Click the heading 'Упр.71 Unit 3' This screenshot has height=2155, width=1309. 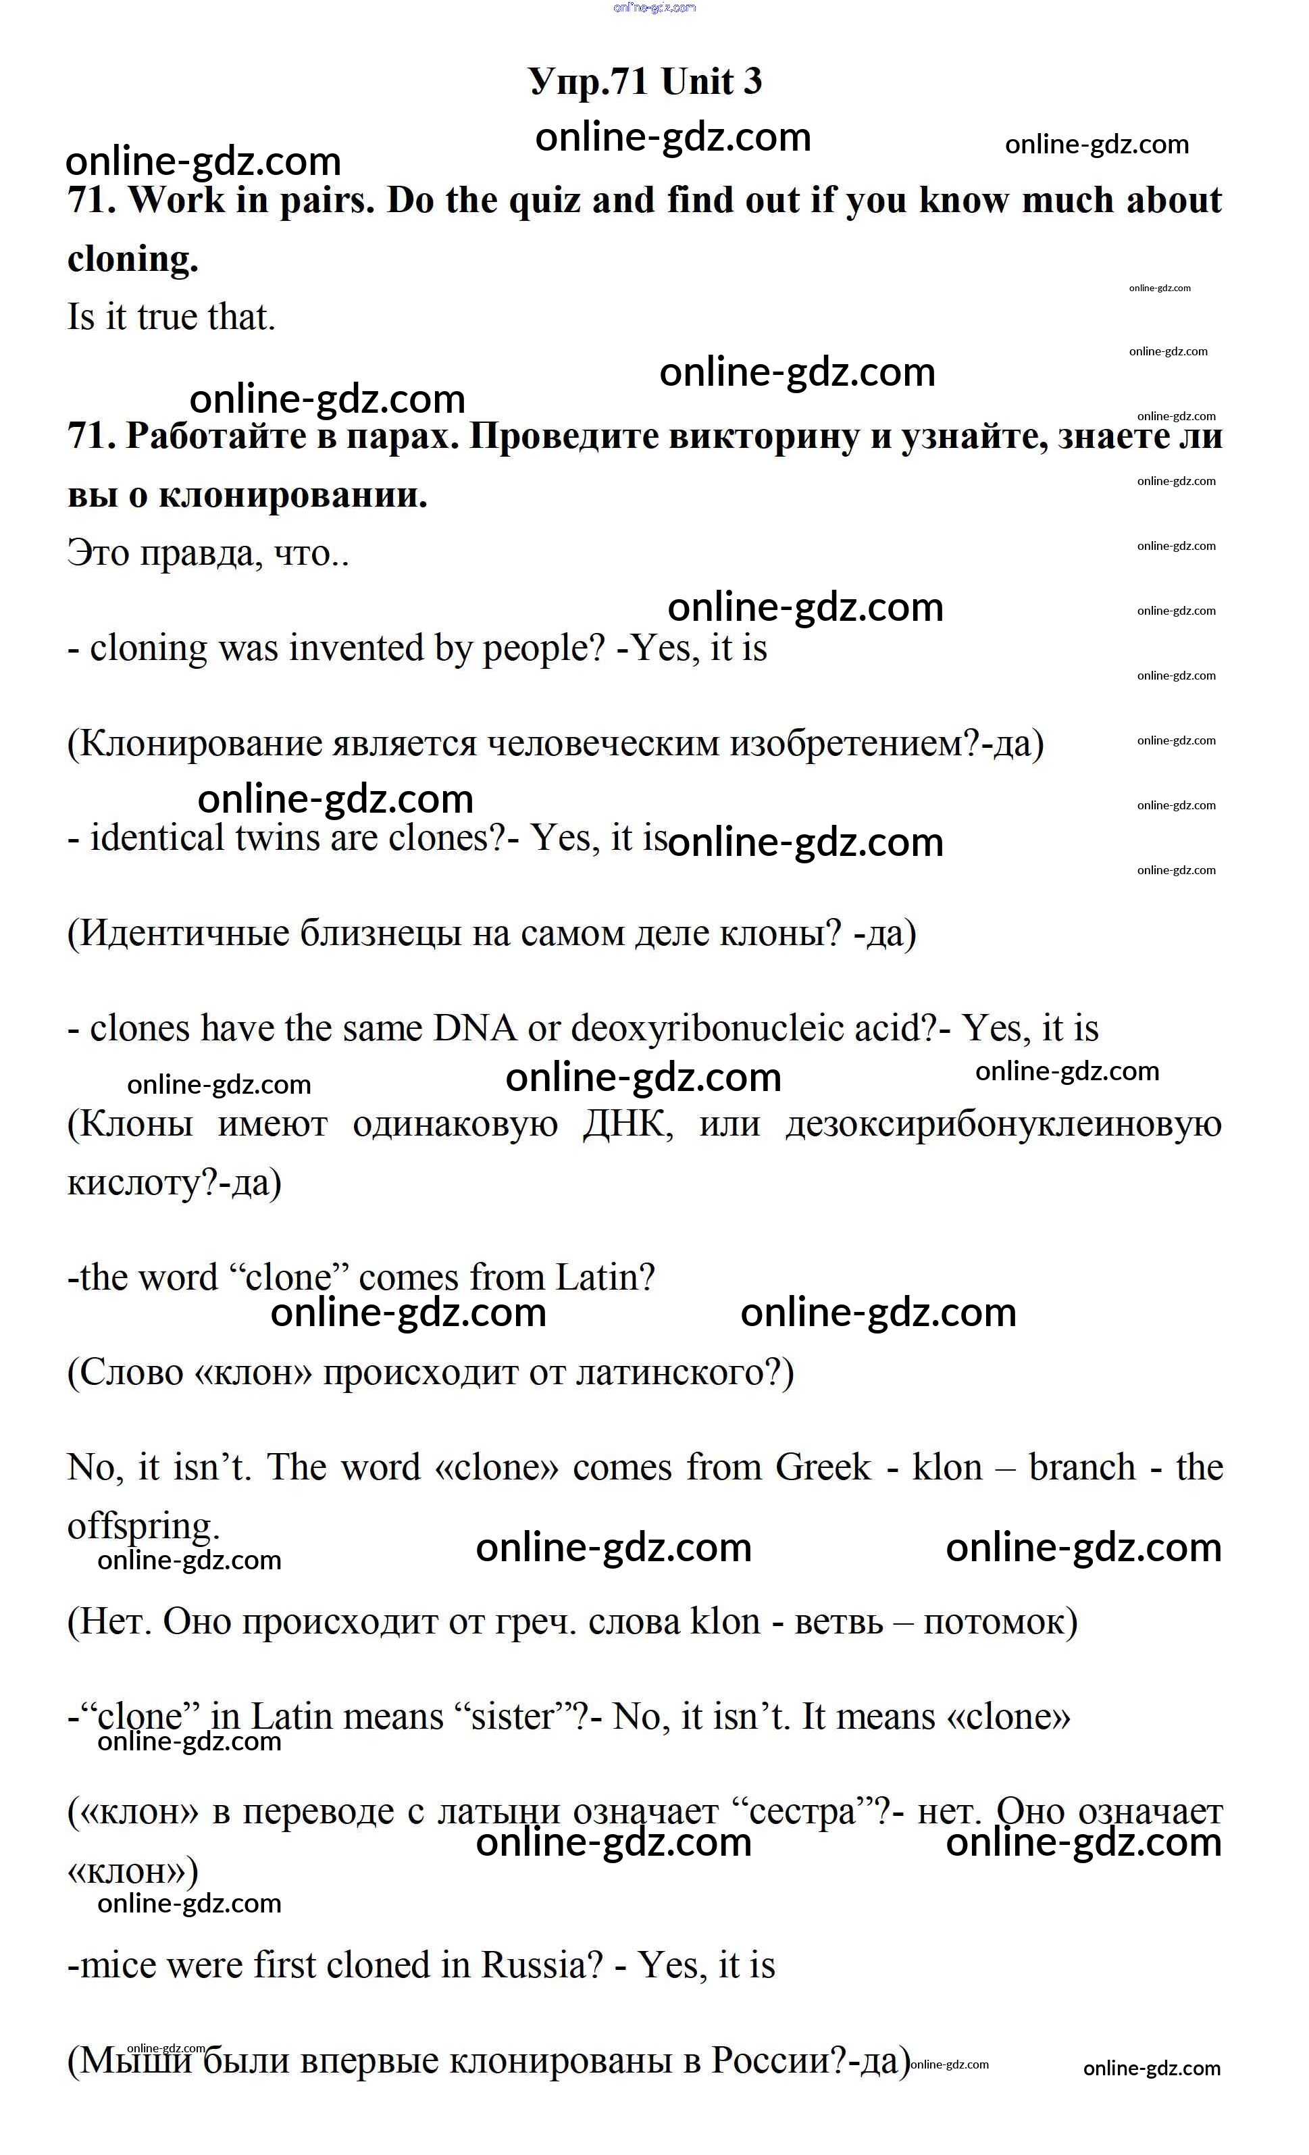coord(644,81)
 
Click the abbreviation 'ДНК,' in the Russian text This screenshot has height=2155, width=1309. coord(628,1124)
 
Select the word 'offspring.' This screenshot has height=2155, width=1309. coord(143,1526)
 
